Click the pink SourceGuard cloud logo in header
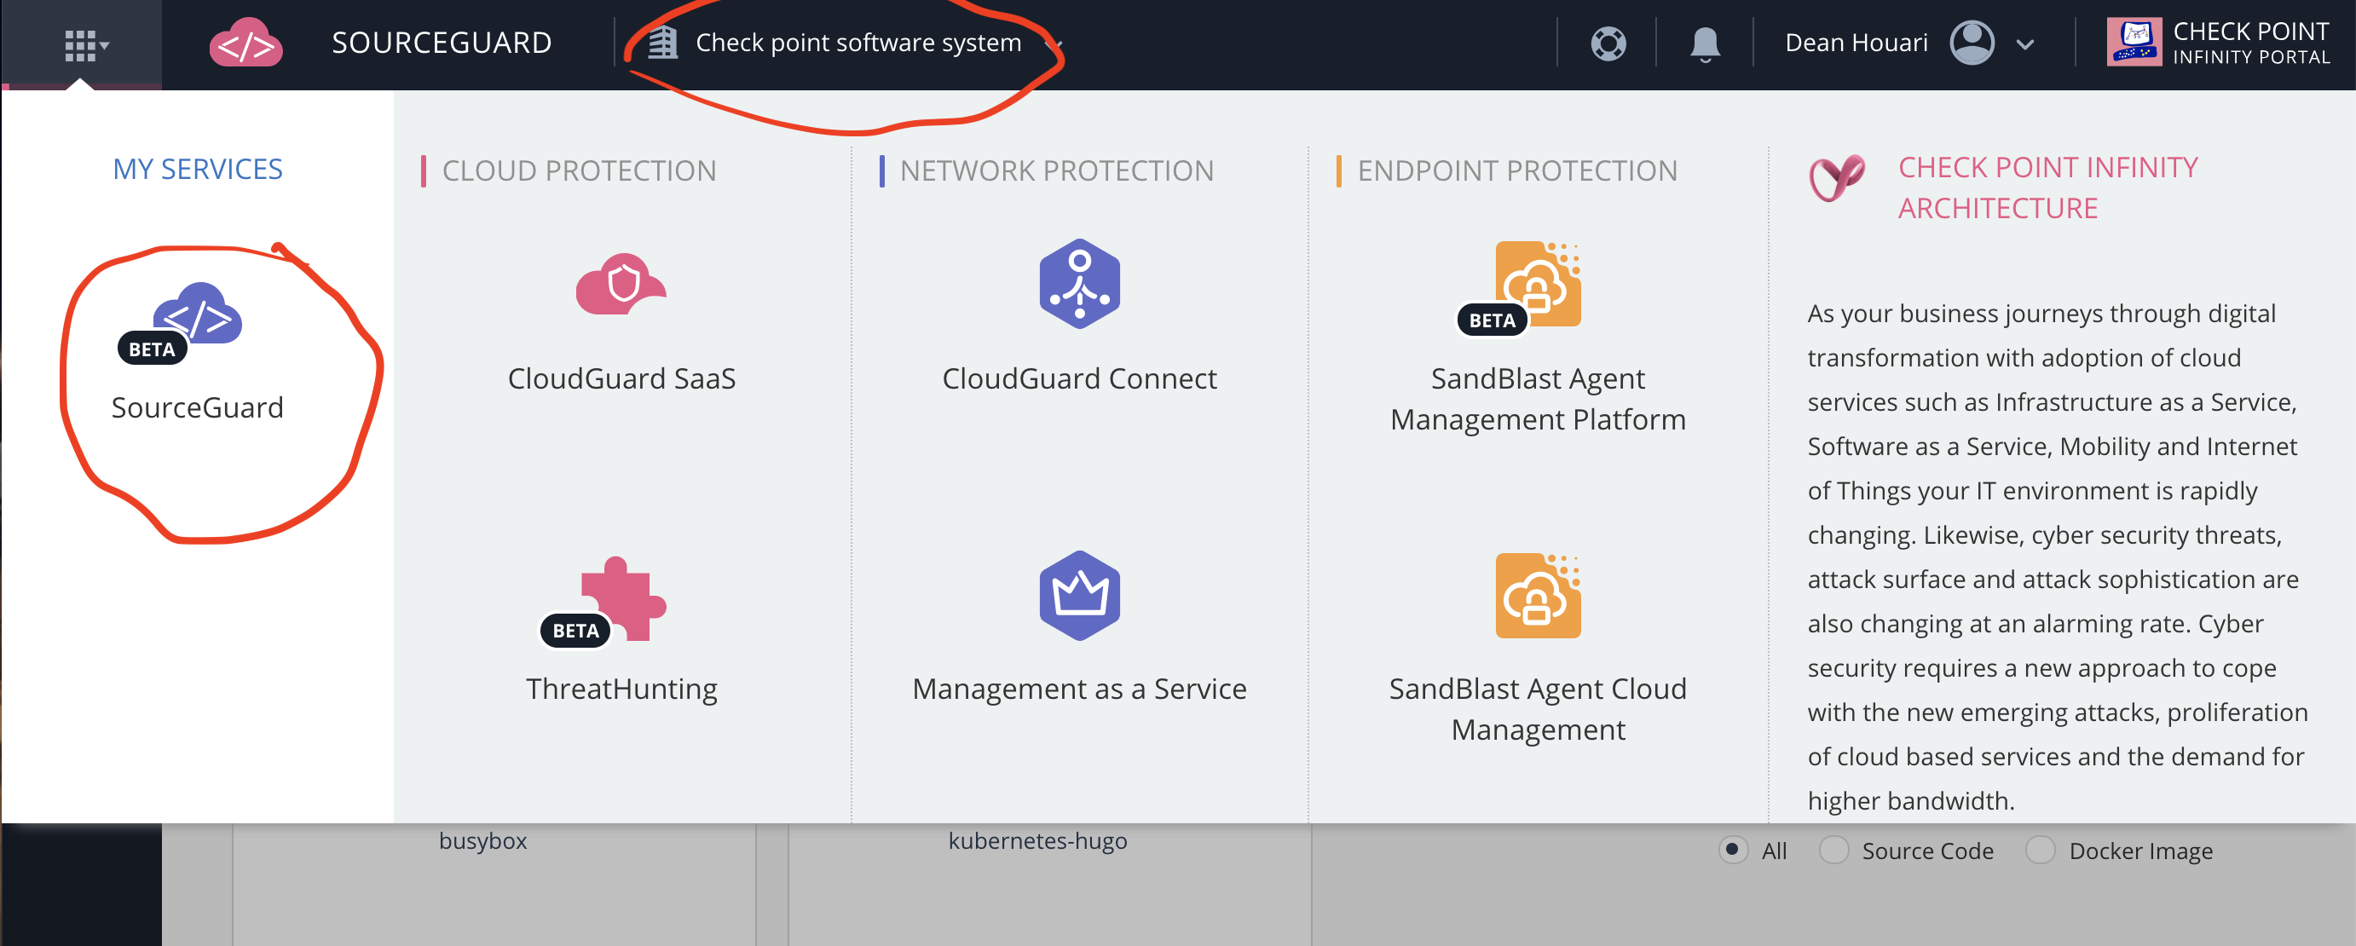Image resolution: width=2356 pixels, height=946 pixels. pyautogui.click(x=245, y=43)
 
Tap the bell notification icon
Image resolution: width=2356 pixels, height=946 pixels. pyautogui.click(x=1704, y=43)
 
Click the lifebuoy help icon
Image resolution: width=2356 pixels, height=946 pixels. pyautogui.click(x=1608, y=43)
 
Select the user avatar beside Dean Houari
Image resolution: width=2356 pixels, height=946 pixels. pyautogui.click(x=1972, y=43)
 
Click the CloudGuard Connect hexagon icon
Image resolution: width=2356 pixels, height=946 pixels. pyautogui.click(x=1079, y=285)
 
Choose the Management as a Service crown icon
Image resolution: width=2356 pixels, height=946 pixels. pyautogui.click(x=1079, y=596)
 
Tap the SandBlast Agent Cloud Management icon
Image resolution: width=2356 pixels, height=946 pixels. pyautogui.click(x=1538, y=596)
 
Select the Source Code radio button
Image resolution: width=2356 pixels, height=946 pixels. pyautogui.click(x=1833, y=850)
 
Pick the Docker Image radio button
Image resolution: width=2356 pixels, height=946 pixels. pyautogui.click(x=2040, y=850)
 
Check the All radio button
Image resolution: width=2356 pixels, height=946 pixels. pyautogui.click(x=1732, y=850)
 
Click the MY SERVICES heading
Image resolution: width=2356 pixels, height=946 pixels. pyautogui.click(x=198, y=169)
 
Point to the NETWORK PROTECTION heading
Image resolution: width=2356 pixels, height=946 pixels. pyautogui.click(x=1056, y=171)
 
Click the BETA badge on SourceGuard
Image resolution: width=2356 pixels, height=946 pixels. pyautogui.click(x=152, y=349)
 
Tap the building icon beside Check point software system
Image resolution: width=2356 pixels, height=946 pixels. pyautogui.click(x=662, y=43)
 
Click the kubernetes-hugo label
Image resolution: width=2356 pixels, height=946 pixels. pyautogui.click(x=1037, y=841)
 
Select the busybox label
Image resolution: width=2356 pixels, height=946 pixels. pyautogui.click(x=483, y=841)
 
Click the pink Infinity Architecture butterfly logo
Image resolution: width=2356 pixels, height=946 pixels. pyautogui.click(x=1835, y=177)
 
